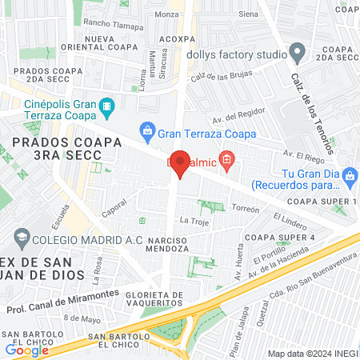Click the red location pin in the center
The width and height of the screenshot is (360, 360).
181,163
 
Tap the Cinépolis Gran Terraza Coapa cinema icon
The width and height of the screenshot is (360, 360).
106,106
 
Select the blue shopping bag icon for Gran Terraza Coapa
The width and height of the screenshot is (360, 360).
146,129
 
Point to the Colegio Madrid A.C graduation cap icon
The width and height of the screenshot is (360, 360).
19,238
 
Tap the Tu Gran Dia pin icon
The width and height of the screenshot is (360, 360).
350,174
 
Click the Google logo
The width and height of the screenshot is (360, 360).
26,350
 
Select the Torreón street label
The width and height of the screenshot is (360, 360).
246,209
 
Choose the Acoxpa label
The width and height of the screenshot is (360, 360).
177,38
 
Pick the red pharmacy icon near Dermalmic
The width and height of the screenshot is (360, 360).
227,161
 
